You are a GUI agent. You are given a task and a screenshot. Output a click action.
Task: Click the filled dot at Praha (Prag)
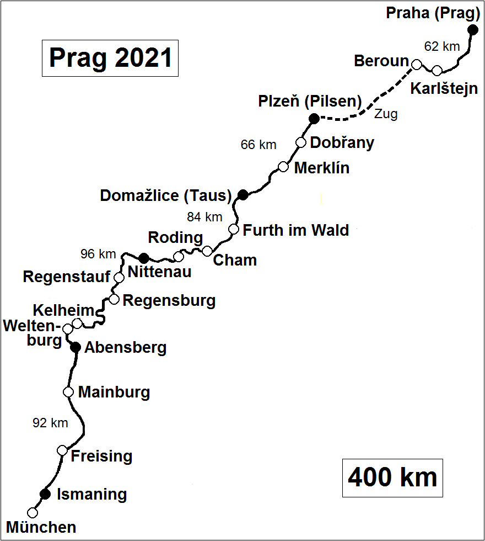coord(472,30)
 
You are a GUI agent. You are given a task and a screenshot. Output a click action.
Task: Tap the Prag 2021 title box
coord(110,57)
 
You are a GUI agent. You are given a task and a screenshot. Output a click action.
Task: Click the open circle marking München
coord(33,513)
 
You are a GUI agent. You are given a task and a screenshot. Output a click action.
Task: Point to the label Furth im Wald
coord(296,230)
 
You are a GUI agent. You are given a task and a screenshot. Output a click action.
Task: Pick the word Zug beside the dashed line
coord(385,114)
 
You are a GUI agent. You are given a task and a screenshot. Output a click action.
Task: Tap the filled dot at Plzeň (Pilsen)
coord(314,118)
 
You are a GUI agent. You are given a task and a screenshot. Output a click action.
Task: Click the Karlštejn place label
coord(444,88)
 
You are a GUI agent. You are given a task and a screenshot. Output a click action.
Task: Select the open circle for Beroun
coord(417,65)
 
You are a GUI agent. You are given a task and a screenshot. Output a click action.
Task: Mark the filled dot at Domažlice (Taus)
coord(242,194)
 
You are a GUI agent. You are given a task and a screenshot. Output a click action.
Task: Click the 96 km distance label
coord(98,254)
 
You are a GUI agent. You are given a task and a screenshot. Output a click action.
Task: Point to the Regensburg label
coord(169,301)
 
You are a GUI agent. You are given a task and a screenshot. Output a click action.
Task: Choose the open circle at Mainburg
coord(68,392)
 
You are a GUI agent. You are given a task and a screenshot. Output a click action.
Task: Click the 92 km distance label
coord(50,423)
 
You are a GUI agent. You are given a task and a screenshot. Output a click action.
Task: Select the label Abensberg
coord(125,348)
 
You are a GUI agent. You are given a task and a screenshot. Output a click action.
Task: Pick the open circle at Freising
coord(62,450)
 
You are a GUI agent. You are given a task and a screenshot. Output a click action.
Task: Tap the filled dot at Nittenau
coord(144,258)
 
